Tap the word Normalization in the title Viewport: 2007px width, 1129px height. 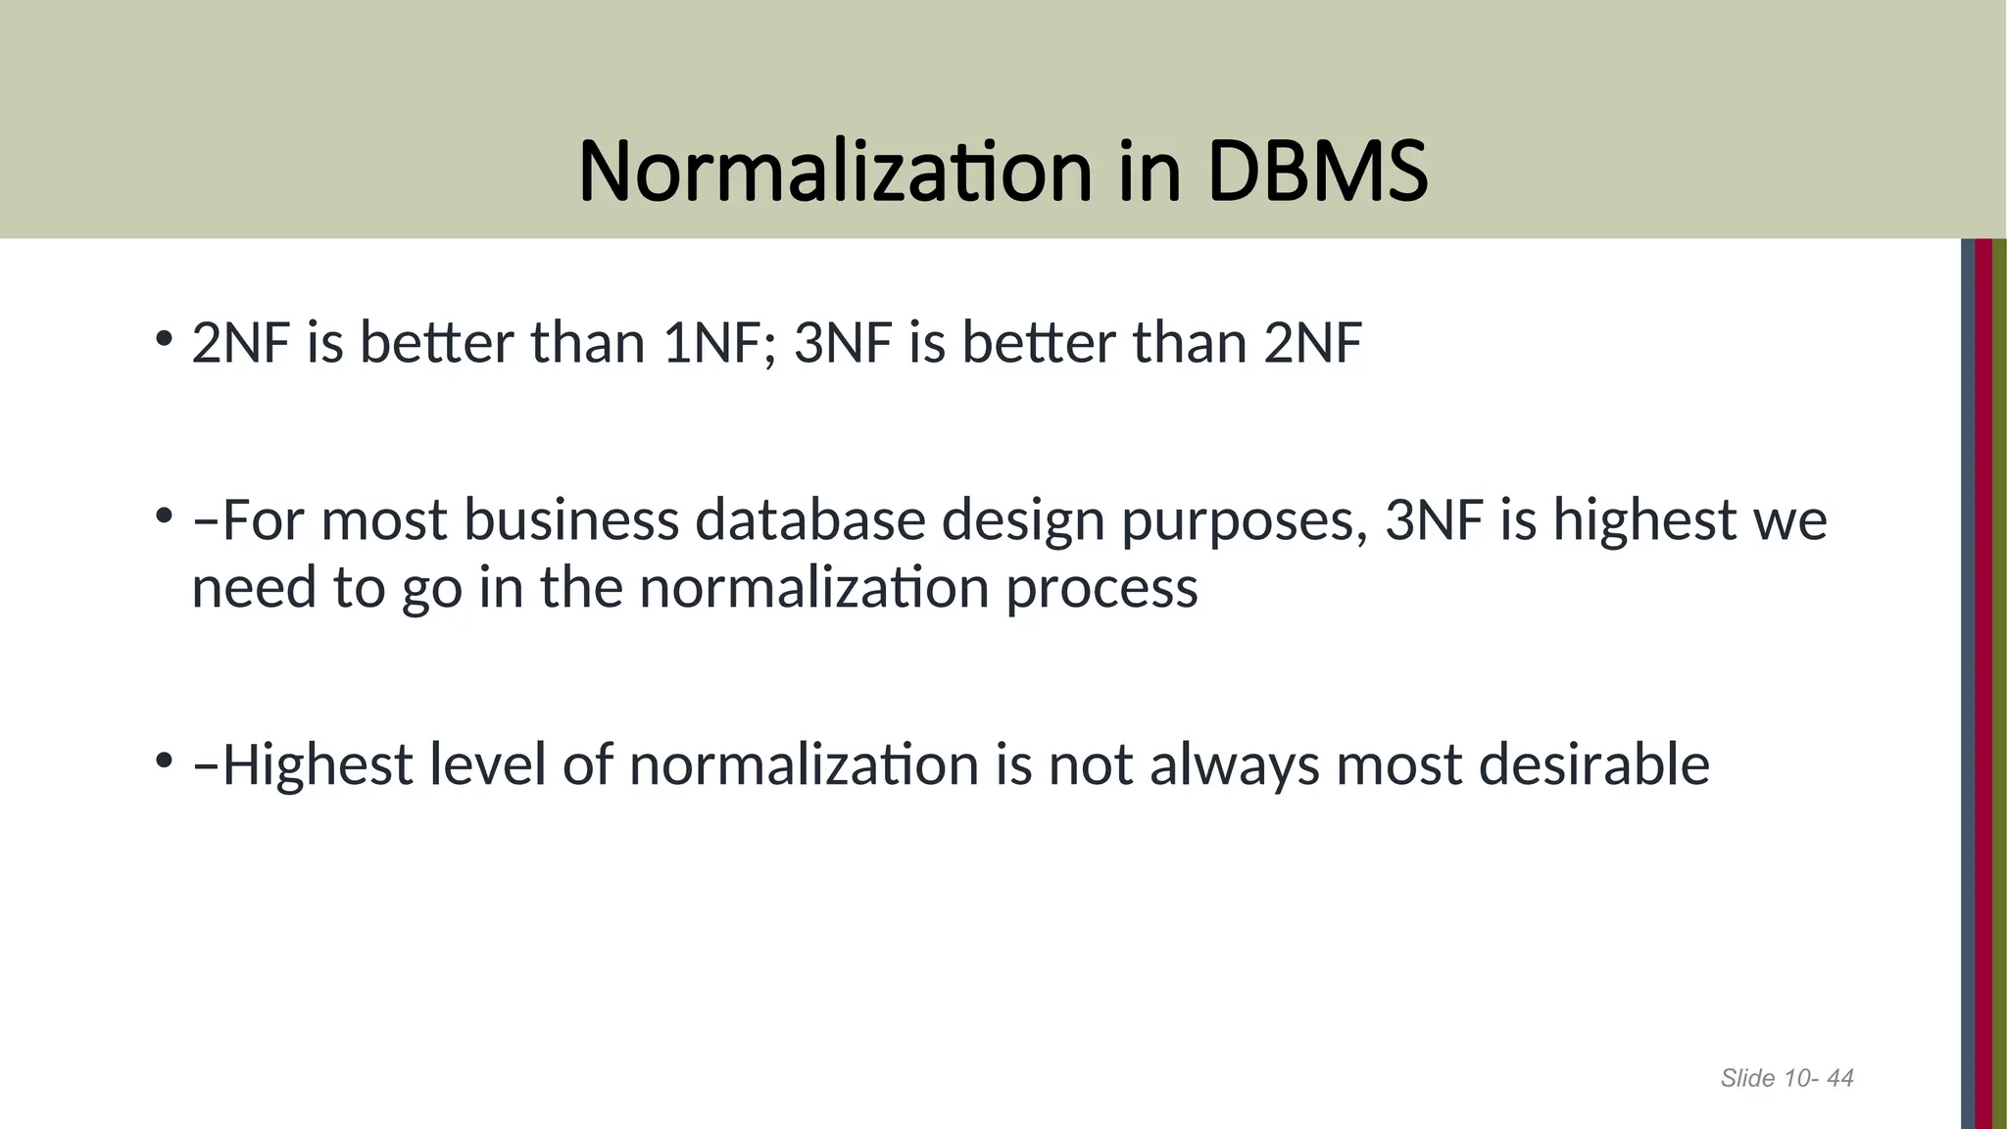point(835,172)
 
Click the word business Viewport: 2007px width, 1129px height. point(571,519)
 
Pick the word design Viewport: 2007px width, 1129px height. point(1023,521)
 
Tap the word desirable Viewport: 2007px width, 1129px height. point(1593,764)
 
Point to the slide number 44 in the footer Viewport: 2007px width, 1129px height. point(1840,1079)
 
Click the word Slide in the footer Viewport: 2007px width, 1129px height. point(1747,1079)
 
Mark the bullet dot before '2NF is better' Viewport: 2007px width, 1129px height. point(164,339)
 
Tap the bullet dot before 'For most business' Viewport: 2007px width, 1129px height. point(164,515)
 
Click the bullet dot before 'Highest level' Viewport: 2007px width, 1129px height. point(164,761)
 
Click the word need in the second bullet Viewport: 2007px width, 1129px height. point(254,588)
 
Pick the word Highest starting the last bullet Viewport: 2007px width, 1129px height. point(318,766)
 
